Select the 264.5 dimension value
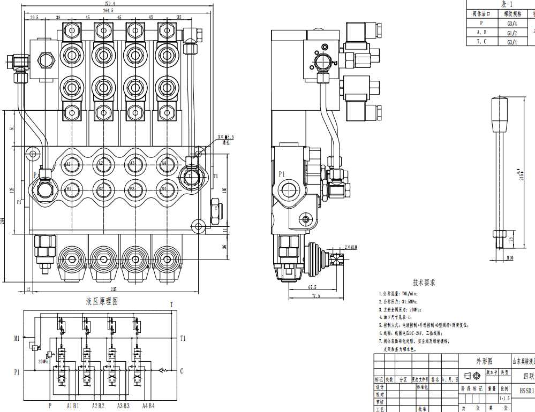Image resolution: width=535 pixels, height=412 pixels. [x=108, y=10]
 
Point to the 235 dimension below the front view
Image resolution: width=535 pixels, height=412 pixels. [x=114, y=289]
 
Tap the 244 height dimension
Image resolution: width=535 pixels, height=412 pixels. [x=3, y=221]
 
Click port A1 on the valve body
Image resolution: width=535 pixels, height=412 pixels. [x=69, y=164]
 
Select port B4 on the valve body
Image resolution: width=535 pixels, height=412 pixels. [x=164, y=188]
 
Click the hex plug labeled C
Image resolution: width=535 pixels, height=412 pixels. [x=215, y=209]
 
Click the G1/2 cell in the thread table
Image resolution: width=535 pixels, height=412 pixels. [x=511, y=33]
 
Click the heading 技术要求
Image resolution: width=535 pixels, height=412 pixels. [x=424, y=282]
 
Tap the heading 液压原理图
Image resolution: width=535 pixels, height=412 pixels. [x=102, y=302]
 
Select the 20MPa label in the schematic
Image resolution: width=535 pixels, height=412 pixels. [x=43, y=361]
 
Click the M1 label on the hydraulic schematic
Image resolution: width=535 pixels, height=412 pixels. [x=17, y=338]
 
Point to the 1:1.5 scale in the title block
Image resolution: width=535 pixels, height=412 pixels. [x=504, y=399]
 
